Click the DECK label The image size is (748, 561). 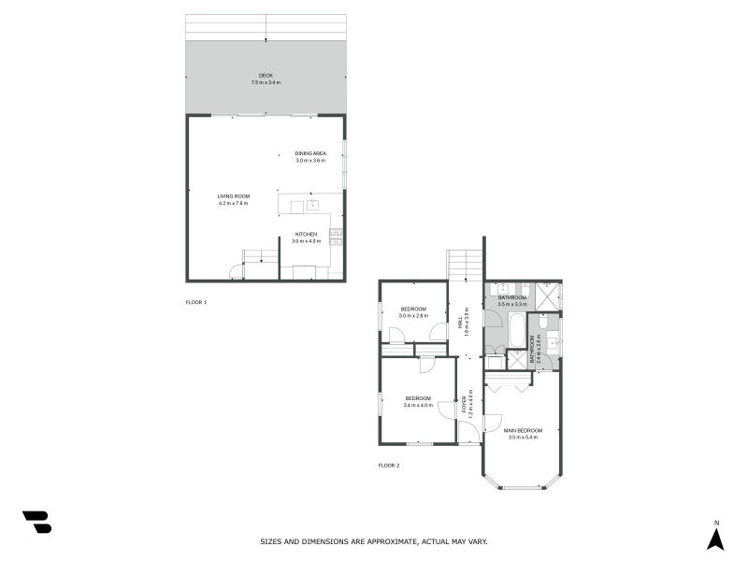[266, 76]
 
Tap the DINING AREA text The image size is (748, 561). [310, 153]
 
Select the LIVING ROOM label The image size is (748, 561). [234, 196]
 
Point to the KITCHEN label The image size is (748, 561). [306, 234]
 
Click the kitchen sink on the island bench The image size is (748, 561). [313, 205]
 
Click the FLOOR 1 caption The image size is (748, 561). [196, 302]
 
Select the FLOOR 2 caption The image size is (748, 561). [389, 465]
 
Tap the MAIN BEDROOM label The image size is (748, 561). [524, 430]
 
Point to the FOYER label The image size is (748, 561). [464, 404]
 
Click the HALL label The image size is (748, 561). [460, 321]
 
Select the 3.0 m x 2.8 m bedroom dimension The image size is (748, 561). [413, 316]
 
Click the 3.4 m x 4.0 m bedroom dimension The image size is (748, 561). [418, 406]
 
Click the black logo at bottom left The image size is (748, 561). [36, 522]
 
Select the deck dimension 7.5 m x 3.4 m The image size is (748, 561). [266, 83]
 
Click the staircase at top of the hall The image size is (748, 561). [465, 265]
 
